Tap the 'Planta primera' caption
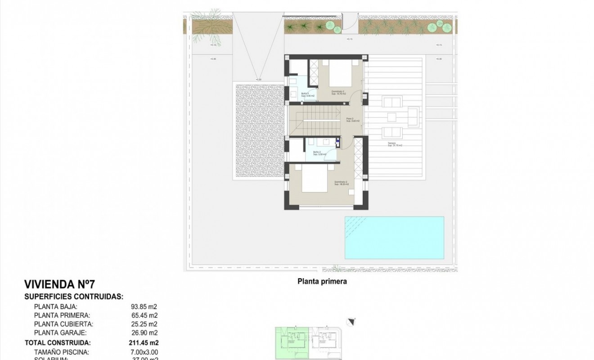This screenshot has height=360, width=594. click(x=322, y=282)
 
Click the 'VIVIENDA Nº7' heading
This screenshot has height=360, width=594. click(x=59, y=284)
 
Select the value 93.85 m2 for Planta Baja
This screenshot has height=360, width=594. click(x=144, y=306)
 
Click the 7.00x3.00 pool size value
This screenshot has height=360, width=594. click(x=144, y=352)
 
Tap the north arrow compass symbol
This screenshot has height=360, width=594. click(x=351, y=321)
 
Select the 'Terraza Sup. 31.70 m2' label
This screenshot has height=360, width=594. click(x=395, y=145)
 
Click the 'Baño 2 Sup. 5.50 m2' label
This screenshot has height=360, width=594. click(x=319, y=153)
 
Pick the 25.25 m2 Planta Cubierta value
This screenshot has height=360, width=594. click(x=144, y=324)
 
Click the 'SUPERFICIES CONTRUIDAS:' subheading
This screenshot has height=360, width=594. click(x=73, y=297)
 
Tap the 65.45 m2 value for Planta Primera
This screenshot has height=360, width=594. click(x=144, y=315)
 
